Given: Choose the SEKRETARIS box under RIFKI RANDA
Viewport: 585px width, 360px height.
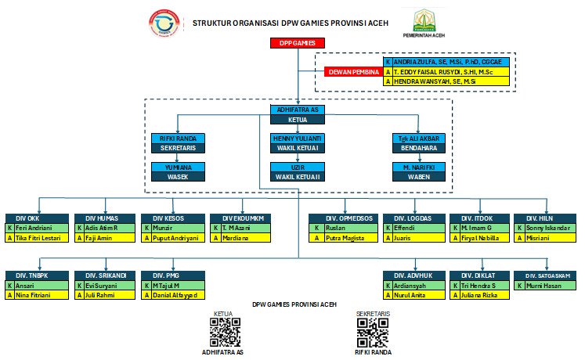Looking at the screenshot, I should pyautogui.click(x=178, y=147).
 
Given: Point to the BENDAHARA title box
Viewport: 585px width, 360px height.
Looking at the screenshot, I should pyautogui.click(x=418, y=147).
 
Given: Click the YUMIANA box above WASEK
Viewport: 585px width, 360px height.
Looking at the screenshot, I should pyautogui.click(x=178, y=167).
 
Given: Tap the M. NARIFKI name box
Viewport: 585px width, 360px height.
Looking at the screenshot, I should pyautogui.click(x=418, y=167).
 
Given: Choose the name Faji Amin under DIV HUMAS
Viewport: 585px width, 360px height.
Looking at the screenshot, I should pyautogui.click(x=104, y=237).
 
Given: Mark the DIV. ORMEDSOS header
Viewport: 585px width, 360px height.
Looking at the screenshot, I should pyautogui.click(x=343, y=218).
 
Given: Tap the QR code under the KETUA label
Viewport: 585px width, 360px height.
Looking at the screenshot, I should pyautogui.click(x=224, y=333).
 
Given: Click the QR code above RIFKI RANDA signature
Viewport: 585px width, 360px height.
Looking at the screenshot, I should pyautogui.click(x=373, y=333).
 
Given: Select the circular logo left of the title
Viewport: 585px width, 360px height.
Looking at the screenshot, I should pyautogui.click(x=164, y=23).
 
